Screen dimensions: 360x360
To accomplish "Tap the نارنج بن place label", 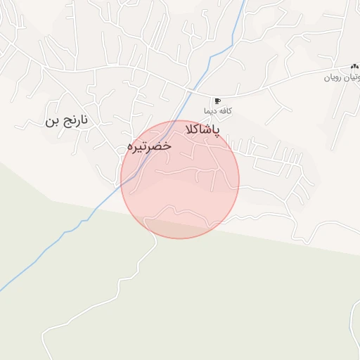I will (x=67, y=120).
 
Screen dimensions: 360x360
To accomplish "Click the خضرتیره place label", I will (x=148, y=146).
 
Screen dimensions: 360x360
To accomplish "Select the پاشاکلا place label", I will (x=202, y=131).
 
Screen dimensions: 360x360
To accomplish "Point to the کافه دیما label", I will (x=218, y=111).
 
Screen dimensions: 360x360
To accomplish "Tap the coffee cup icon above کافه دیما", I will (x=217, y=101).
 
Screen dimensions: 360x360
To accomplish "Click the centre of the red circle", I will (x=180, y=180).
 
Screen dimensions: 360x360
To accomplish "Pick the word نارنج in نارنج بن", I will (x=76, y=120).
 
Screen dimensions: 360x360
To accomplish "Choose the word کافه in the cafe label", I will (x=226, y=111).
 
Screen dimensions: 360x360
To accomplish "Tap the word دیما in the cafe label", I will (x=211, y=111).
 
